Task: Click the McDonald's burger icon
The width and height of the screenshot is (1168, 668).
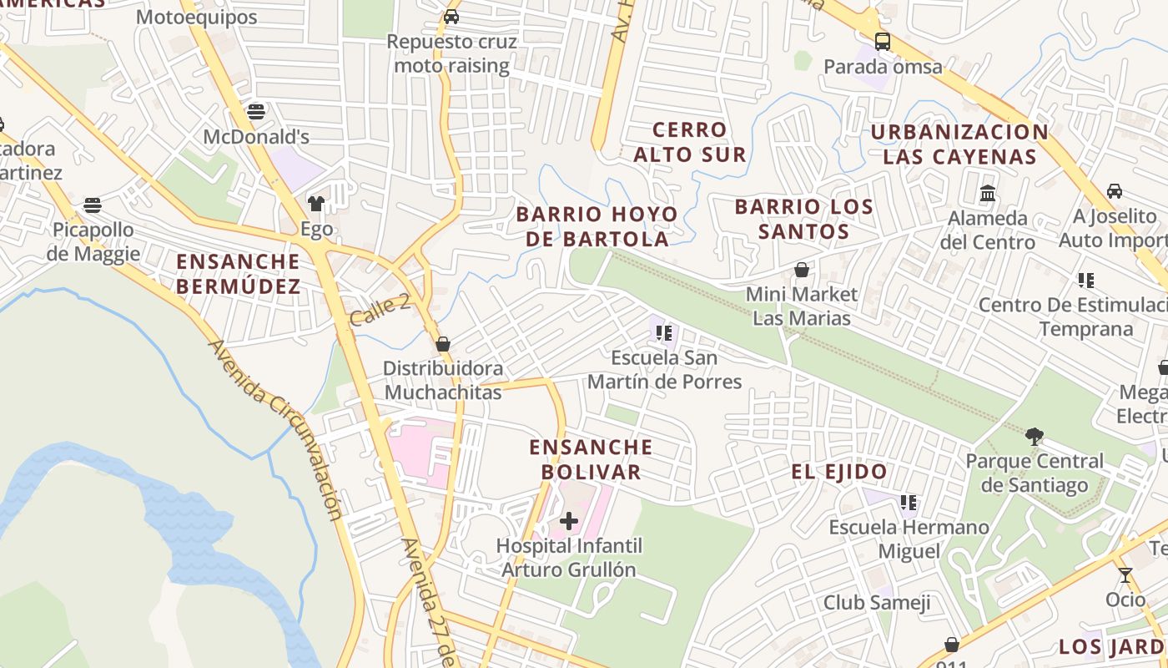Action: (x=256, y=111)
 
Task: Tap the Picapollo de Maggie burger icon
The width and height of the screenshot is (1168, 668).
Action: (x=93, y=205)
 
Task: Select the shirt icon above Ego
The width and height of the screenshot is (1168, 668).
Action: (x=316, y=203)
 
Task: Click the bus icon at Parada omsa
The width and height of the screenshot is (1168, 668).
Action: (x=882, y=41)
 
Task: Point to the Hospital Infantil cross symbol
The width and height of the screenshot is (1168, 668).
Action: (x=569, y=522)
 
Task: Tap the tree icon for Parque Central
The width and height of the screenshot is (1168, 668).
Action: (x=1035, y=436)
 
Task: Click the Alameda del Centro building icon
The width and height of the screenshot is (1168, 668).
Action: (x=988, y=193)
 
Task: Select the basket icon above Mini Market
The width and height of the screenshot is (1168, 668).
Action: (x=802, y=270)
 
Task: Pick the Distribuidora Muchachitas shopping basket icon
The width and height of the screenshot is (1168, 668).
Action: (x=443, y=344)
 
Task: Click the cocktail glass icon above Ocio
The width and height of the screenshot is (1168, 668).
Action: (x=1125, y=575)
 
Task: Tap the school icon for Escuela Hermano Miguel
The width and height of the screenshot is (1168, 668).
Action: (x=909, y=503)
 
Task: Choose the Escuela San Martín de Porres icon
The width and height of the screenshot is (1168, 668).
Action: (x=664, y=333)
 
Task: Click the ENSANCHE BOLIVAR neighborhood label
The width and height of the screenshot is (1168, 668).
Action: (x=591, y=459)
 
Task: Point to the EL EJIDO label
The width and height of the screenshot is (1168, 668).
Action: (x=839, y=472)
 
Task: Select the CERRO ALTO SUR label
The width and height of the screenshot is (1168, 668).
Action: (x=690, y=142)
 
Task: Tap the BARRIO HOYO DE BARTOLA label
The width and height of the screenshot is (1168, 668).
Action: (x=597, y=226)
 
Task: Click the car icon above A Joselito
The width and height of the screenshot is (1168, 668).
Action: (x=1114, y=191)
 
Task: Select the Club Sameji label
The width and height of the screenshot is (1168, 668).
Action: (x=876, y=602)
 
